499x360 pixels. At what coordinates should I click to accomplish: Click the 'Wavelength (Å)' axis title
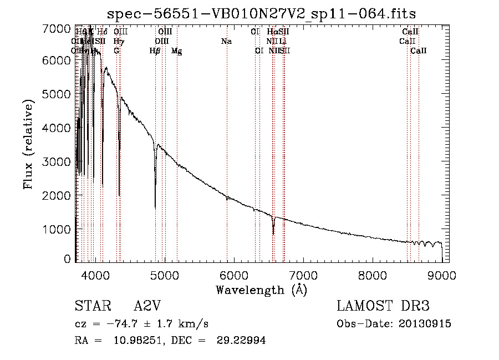[261, 290]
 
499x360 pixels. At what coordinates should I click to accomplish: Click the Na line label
[226, 42]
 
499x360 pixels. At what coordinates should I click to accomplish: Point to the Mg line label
[176, 51]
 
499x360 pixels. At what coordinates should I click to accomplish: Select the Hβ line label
[155, 51]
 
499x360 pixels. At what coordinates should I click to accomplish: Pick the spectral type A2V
[149, 306]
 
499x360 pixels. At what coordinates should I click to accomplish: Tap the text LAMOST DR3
[383, 306]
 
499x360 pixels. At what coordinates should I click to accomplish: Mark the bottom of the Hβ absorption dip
[155, 207]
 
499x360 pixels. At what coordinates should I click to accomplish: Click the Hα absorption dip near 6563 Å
[273, 232]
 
